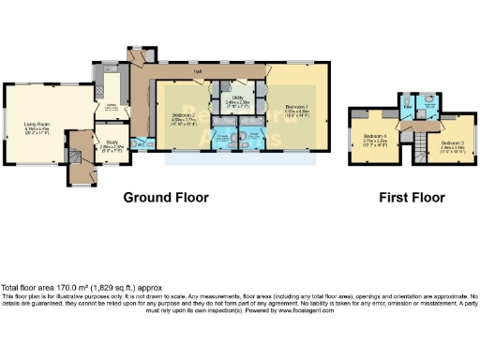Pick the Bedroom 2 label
(183, 115)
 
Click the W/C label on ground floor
(139, 144)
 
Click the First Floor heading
(412, 198)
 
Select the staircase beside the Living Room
(75, 169)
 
